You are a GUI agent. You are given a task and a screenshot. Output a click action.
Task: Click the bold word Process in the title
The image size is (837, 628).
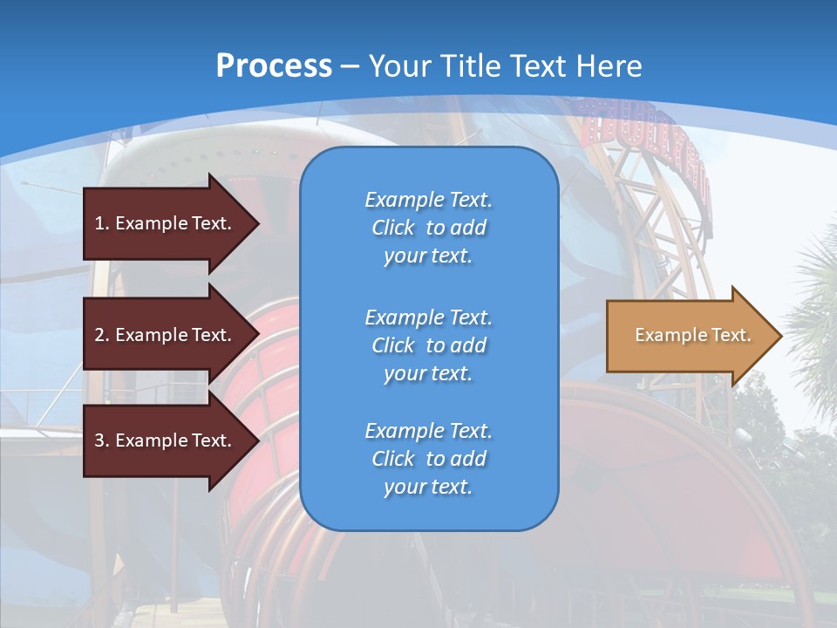pos(274,65)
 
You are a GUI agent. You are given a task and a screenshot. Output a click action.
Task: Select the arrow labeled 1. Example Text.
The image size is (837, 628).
pos(166,223)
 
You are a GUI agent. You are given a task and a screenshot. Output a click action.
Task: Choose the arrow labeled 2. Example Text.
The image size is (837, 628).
pos(166,335)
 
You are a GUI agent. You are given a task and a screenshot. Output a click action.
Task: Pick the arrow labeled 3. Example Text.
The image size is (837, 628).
pos(166,440)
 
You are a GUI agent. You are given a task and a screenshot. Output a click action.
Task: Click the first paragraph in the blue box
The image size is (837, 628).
pos(428,228)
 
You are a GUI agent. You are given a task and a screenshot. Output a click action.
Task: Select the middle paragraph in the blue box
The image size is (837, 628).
pos(428,345)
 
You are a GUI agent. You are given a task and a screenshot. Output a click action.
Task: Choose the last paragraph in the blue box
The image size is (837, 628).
pos(428,459)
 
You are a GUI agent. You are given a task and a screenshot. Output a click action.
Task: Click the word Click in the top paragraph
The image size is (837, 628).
pos(393,228)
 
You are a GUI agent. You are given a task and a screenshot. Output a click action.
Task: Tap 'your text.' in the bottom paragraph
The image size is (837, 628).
pos(428,487)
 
